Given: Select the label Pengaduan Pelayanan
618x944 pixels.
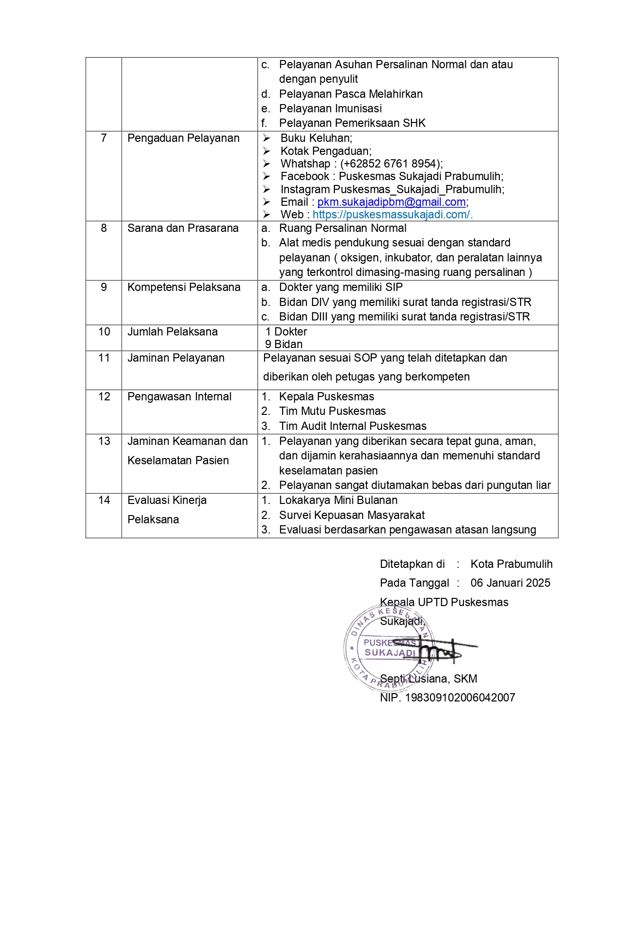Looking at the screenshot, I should pyautogui.click(x=183, y=138).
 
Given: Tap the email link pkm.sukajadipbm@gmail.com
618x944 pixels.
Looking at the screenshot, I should pyautogui.click(x=392, y=202).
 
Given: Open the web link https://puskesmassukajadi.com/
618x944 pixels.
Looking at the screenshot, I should pyautogui.click(x=392, y=215).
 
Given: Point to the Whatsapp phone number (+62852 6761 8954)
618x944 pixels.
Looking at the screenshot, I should pyautogui.click(x=391, y=164).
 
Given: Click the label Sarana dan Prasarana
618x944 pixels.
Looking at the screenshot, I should pyautogui.click(x=183, y=228).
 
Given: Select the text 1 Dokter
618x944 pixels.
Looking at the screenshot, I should pyautogui.click(x=286, y=332).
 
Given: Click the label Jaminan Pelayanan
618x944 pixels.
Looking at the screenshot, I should pyautogui.click(x=176, y=358).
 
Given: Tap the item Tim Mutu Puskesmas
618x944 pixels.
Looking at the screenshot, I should pyautogui.click(x=332, y=411).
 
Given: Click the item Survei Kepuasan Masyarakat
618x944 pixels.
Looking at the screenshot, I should pyautogui.click(x=351, y=516).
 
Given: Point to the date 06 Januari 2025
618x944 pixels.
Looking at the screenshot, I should pyautogui.click(x=510, y=583).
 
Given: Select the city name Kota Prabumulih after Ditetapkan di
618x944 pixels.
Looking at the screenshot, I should pyautogui.click(x=511, y=564).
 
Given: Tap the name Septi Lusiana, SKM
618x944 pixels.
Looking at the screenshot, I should pyautogui.click(x=428, y=679).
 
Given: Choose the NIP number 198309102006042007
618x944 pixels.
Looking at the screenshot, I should pyautogui.click(x=460, y=698).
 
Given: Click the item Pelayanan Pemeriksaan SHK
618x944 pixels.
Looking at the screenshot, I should pyautogui.click(x=352, y=123).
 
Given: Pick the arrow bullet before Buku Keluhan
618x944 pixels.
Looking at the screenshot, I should pyautogui.click(x=267, y=138).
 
